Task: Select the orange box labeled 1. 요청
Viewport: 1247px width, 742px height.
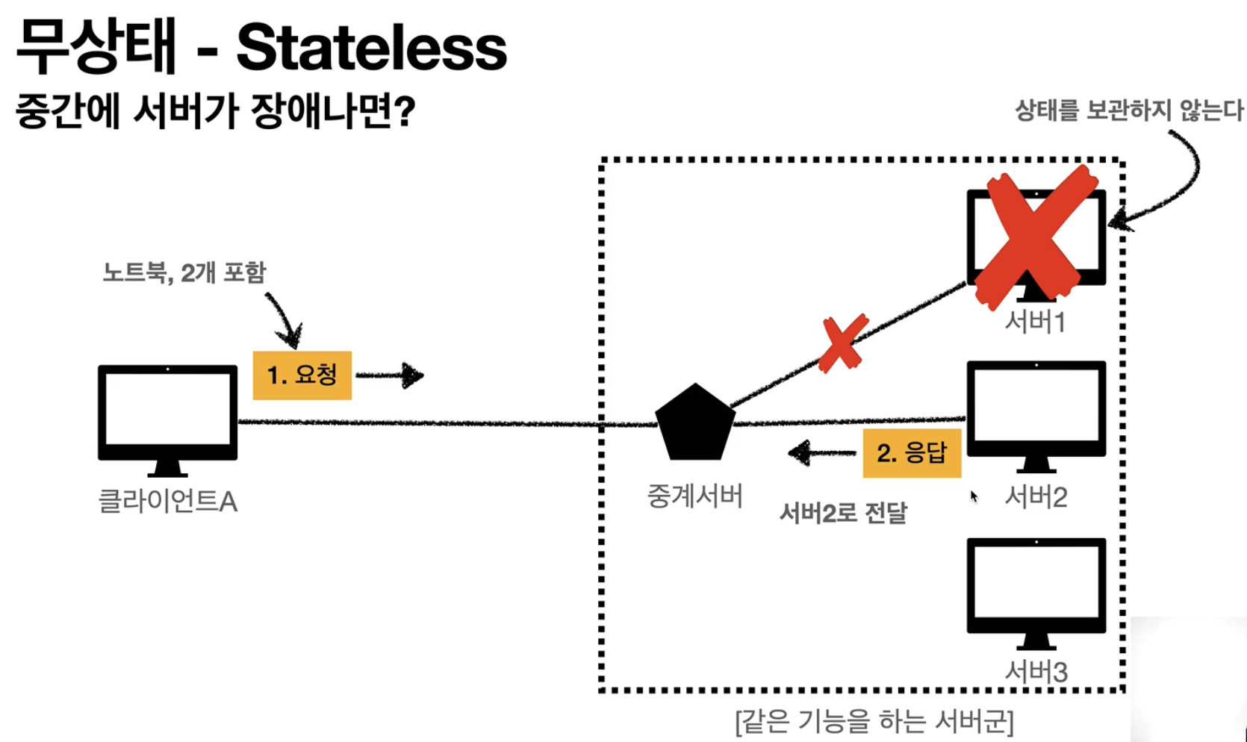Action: coord(302,375)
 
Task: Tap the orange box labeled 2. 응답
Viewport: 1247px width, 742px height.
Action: coord(912,452)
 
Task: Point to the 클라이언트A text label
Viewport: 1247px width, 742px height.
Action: coord(168,501)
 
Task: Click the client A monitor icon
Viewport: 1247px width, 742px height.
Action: coord(168,415)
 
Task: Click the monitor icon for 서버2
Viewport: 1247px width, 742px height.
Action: coord(1036,411)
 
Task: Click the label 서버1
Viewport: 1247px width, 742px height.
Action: coord(1035,322)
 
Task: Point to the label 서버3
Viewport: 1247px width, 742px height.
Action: coord(1036,672)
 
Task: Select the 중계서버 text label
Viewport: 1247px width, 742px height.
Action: coord(694,496)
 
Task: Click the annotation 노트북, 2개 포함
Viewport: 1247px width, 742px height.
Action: coord(184,272)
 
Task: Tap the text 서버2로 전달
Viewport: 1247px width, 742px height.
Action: coord(843,514)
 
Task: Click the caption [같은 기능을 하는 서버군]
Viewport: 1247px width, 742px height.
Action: coord(874,722)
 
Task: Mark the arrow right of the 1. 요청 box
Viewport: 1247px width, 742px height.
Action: coord(390,375)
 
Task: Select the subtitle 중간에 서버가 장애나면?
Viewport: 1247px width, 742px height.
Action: coord(215,112)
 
